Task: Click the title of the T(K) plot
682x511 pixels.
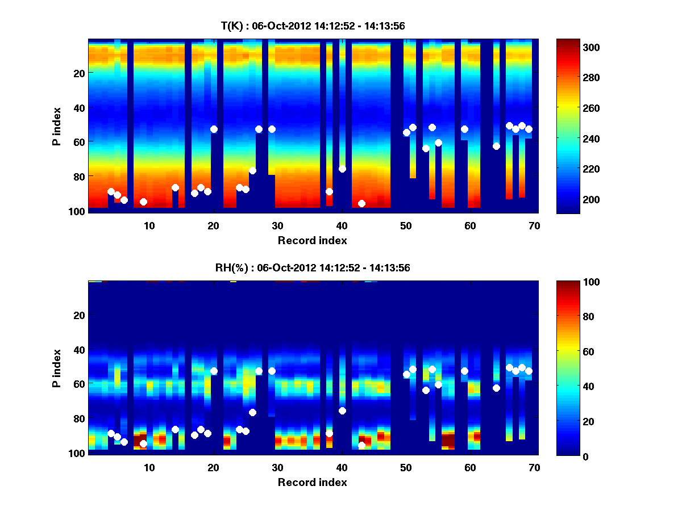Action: (313, 26)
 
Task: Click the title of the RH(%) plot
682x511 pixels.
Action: (313, 268)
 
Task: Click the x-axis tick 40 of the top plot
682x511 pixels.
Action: (342, 225)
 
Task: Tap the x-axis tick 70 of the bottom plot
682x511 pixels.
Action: (534, 467)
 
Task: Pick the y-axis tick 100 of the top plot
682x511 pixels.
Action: (78, 211)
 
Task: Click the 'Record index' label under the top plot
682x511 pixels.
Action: (313, 240)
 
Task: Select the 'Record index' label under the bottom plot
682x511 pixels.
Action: (313, 482)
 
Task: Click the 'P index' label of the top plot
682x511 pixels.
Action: (57, 126)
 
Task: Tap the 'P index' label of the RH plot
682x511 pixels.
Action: (57, 368)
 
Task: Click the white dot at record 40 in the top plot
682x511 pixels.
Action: (342, 169)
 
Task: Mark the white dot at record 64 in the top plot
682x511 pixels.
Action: (496, 146)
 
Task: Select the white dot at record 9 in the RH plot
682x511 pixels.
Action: (143, 443)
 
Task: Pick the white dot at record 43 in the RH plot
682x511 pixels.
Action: (361, 445)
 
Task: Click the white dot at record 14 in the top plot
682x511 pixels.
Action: (175, 187)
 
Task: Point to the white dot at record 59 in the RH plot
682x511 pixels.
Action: (464, 371)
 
